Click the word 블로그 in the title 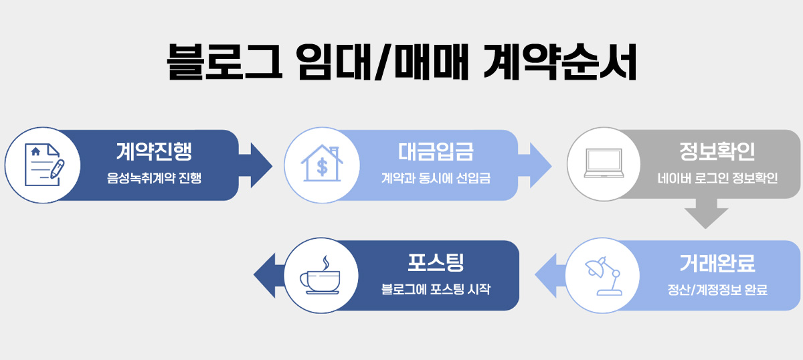click(225, 62)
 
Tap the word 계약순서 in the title click(560, 62)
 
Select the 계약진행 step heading click(154, 151)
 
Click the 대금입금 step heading click(436, 151)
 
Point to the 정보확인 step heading click(717, 151)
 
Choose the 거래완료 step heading click(717, 263)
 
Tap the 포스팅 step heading click(436, 262)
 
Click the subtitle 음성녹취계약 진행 click(154, 178)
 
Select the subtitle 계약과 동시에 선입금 click(436, 178)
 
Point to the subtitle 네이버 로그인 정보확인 click(717, 178)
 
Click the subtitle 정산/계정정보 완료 click(717, 290)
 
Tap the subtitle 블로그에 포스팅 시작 click(436, 289)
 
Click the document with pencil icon click(43, 165)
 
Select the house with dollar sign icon click(322, 163)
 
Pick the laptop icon click(604, 163)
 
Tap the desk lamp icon click(604, 276)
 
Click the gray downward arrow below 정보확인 click(706, 213)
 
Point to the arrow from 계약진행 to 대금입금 click(255, 165)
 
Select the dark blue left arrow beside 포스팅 click(270, 276)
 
